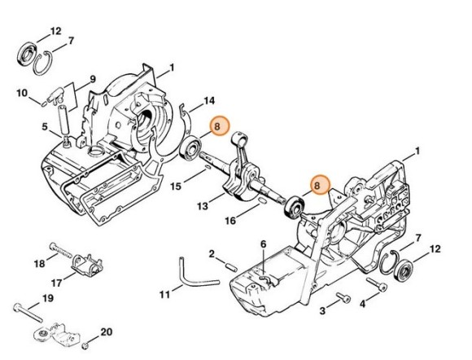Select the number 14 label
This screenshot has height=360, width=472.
click(209, 100)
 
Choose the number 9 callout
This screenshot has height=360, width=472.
click(92, 78)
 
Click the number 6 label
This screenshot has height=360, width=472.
click(263, 244)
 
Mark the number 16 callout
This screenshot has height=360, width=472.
click(231, 220)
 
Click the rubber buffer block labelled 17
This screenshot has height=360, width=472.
click(87, 265)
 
